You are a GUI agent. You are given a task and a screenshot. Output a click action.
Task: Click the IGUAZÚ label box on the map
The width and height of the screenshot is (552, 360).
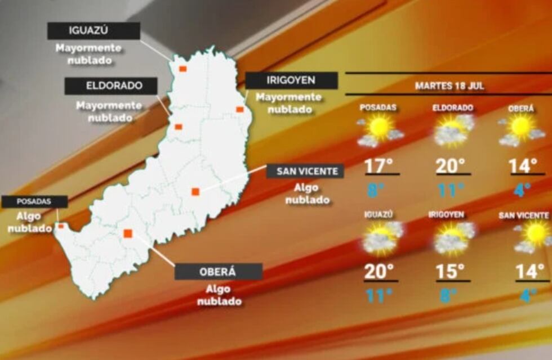(x=94, y=31)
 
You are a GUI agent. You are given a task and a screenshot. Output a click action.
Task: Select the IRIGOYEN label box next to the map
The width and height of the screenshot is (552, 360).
(x=291, y=80)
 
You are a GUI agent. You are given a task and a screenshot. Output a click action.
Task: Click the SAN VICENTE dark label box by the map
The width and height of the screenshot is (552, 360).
(x=305, y=171)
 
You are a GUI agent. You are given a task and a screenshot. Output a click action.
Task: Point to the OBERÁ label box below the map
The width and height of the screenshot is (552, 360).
(x=218, y=272)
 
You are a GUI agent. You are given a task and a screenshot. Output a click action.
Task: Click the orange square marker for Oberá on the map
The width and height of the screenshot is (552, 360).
(x=128, y=233)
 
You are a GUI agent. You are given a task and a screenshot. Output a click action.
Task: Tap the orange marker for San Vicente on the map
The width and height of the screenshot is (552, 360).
(x=195, y=192)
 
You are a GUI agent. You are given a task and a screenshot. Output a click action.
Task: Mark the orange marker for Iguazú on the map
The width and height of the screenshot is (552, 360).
(x=182, y=69)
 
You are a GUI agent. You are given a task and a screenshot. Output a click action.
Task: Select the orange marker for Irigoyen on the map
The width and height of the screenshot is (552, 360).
(x=239, y=109)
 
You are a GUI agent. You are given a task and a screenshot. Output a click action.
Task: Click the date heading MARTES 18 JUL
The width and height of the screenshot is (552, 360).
(x=449, y=86)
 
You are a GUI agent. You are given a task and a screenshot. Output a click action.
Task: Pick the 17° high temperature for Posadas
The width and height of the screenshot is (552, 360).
(x=379, y=166)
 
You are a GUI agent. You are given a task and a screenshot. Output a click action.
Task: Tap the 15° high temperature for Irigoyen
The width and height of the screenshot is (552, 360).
(x=451, y=272)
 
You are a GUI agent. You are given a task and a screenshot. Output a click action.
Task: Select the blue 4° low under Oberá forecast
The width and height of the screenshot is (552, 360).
(x=523, y=190)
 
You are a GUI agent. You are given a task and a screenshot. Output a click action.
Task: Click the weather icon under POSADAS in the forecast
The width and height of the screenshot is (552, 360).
(x=380, y=130)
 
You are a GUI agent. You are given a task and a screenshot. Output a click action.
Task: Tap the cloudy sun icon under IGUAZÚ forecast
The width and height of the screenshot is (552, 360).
(x=382, y=237)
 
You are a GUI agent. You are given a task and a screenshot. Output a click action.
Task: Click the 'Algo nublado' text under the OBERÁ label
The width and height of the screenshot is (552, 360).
(x=219, y=295)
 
